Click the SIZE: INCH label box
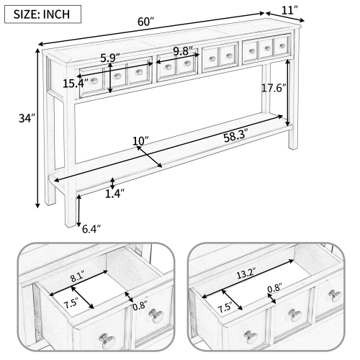41,13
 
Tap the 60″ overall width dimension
147,22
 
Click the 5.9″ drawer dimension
109,57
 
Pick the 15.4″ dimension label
73,84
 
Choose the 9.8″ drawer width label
184,51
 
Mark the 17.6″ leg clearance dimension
274,88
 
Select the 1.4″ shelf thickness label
114,193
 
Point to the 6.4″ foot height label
91,229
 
